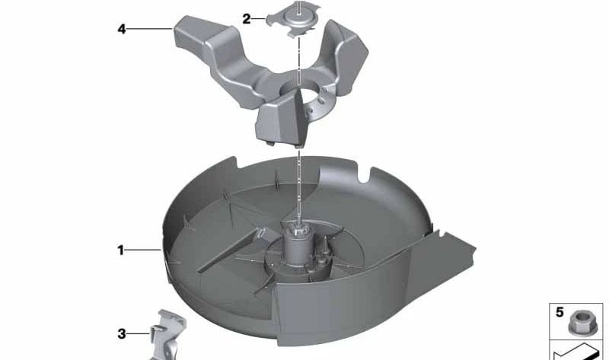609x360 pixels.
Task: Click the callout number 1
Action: (121, 250)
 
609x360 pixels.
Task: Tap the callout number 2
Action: (247, 18)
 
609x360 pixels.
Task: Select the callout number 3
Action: (122, 334)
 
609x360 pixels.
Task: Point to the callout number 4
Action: (122, 29)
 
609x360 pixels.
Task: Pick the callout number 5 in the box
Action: (560, 312)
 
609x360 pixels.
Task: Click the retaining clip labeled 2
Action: (294, 21)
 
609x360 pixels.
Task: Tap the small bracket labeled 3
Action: (168, 334)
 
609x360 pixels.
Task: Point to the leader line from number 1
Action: (143, 250)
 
